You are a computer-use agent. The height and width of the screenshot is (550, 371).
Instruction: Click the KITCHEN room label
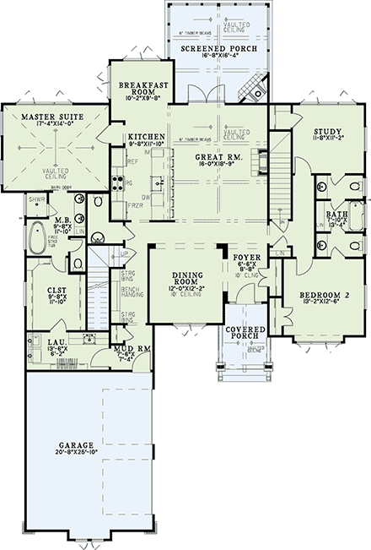tap(145, 137)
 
